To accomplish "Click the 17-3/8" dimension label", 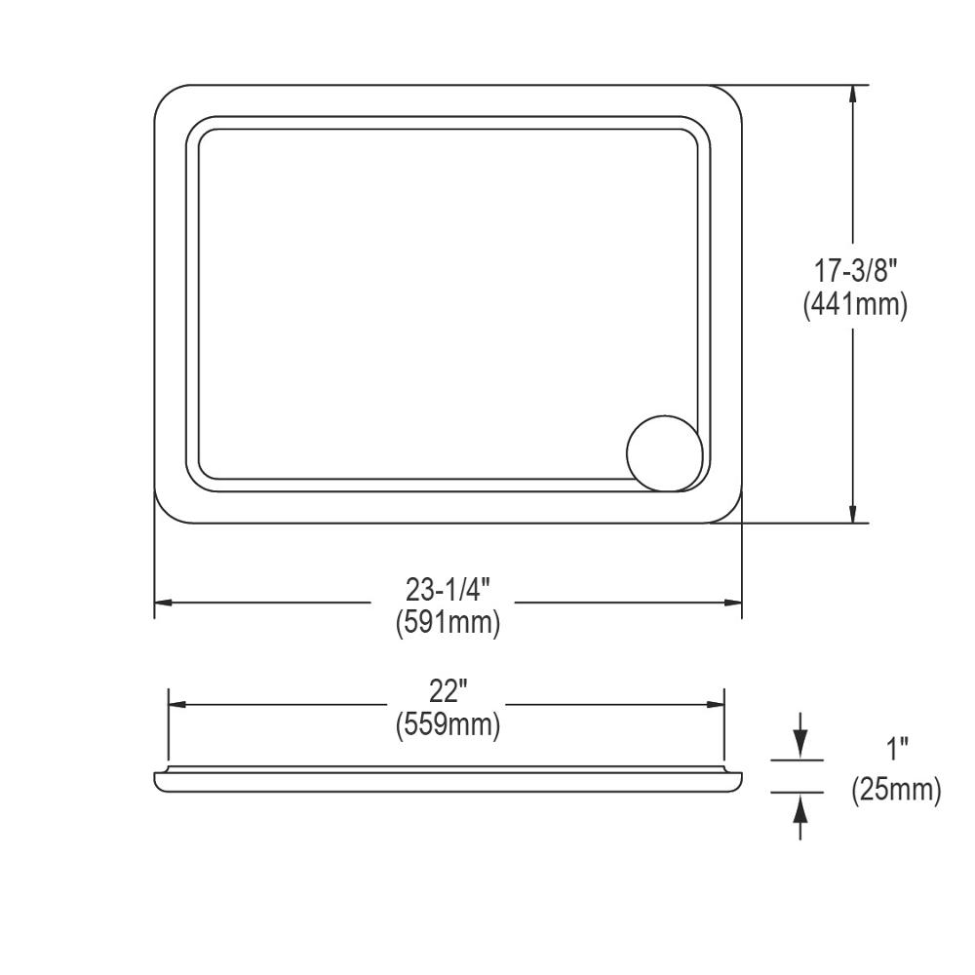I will (x=855, y=270).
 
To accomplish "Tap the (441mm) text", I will (x=855, y=304).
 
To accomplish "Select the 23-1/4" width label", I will (x=448, y=590).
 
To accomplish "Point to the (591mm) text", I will (x=448, y=622).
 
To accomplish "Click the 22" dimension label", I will (x=448, y=691).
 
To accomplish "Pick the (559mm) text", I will (x=448, y=724).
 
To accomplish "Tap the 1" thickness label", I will (x=897, y=751).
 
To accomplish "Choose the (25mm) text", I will (x=897, y=790).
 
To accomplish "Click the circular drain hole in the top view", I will (x=664, y=452).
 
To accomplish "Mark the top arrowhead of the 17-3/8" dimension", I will (x=854, y=95).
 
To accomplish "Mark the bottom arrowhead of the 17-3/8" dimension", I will (x=854, y=513).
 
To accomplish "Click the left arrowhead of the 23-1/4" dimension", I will (x=165, y=604).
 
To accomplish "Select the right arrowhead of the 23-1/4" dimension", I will (x=732, y=604).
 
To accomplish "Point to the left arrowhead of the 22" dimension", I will (x=179, y=705).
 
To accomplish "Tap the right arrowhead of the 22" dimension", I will (x=715, y=705).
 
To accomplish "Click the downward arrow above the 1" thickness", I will (x=799, y=746).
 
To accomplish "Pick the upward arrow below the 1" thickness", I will (x=799, y=805).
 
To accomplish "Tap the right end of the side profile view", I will (x=738, y=779).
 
